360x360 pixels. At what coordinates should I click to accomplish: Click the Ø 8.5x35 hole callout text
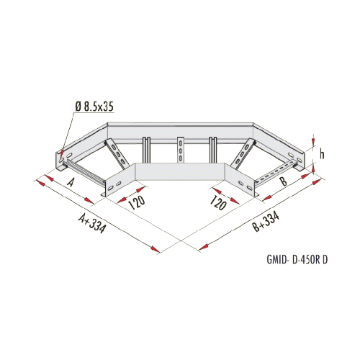point(94,107)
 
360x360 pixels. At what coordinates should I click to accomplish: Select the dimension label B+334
point(266,222)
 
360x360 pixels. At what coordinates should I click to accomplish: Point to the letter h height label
point(322,154)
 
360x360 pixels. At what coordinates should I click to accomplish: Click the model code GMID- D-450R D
point(297,260)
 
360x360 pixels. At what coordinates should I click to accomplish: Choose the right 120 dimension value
point(218,202)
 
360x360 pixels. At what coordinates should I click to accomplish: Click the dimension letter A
point(70,183)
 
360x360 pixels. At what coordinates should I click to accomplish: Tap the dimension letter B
point(284,181)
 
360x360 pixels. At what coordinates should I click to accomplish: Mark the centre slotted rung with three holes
point(180,149)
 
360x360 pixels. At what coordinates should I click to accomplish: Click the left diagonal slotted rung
point(116,153)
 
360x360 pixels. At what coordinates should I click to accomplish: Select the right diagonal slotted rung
point(243,153)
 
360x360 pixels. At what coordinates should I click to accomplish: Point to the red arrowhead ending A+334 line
point(156,249)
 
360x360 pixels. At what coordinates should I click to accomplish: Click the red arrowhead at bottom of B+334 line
point(203,247)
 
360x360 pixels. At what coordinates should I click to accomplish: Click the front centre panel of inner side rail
point(180,171)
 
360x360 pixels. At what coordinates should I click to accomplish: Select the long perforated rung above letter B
point(276,174)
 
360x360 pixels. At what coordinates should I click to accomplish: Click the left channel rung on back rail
point(146,150)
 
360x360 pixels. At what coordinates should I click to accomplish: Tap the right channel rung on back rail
point(213,150)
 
